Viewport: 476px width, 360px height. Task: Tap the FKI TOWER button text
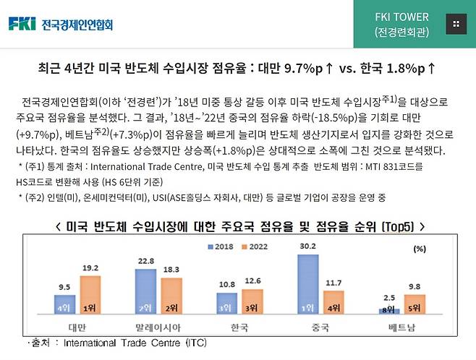click(401, 17)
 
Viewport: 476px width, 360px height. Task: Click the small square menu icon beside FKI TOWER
click(455, 24)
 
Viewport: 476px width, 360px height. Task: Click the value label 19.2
click(90, 267)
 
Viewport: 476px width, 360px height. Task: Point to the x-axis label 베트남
click(401, 327)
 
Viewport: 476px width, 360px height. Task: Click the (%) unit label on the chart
click(418, 249)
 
